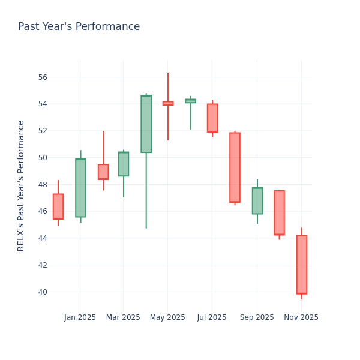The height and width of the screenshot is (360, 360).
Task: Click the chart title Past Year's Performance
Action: coord(79,27)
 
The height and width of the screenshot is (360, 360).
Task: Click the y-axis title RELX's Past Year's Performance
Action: coord(21,185)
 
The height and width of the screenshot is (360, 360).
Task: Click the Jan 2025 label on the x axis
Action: coord(80,317)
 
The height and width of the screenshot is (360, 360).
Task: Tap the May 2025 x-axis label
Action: coord(167,317)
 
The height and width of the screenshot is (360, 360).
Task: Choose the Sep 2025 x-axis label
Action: coord(257,317)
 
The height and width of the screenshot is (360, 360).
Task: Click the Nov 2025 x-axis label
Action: coord(301,317)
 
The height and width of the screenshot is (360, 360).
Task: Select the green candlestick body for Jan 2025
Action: coord(80,188)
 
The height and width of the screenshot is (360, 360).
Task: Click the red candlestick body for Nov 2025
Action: coord(301,265)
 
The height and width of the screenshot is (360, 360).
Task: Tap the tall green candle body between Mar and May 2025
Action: coord(146,124)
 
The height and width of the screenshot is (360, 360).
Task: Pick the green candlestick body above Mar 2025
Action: coord(124,164)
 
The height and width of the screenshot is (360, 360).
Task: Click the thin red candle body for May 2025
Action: coord(167,103)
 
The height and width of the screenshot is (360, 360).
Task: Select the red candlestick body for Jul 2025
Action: coord(212,118)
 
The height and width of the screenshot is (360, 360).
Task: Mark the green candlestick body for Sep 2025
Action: coord(257,200)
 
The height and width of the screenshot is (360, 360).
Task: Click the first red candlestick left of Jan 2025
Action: coord(58,206)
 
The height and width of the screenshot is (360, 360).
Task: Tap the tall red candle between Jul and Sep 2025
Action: coord(235,167)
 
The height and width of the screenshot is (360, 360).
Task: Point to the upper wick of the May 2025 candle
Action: coord(167,87)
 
